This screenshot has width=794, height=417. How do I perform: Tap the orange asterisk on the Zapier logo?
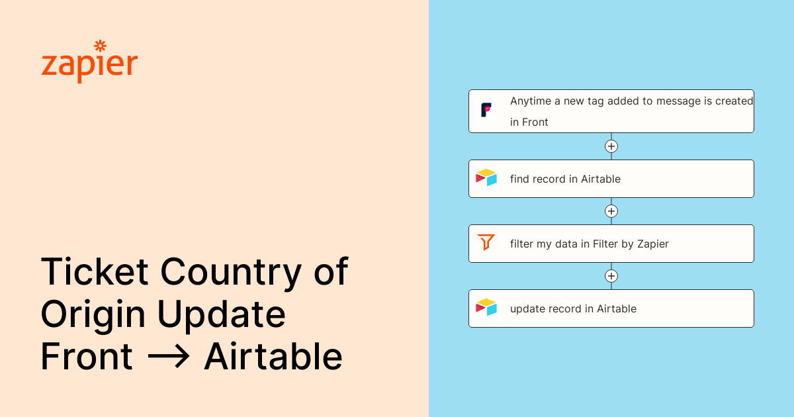[x=101, y=46]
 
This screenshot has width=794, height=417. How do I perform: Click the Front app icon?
[x=486, y=110]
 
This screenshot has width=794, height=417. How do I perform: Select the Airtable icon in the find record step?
[x=486, y=177]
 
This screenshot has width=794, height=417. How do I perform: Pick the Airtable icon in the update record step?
[x=486, y=307]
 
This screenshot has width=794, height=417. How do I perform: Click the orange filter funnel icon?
[x=486, y=242]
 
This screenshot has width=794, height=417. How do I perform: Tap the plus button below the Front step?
[x=611, y=146]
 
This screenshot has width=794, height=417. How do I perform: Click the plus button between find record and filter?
[x=611, y=211]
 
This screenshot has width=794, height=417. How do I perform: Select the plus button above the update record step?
[x=611, y=276]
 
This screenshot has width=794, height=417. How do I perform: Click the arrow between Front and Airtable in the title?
[x=168, y=357]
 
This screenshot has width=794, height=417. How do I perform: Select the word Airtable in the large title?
[x=273, y=357]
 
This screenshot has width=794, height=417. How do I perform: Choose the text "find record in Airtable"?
[x=565, y=179]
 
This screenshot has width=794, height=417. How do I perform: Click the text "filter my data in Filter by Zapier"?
[x=589, y=244]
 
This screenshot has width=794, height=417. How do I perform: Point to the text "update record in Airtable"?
[x=573, y=308]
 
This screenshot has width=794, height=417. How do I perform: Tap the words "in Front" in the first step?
[x=529, y=122]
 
